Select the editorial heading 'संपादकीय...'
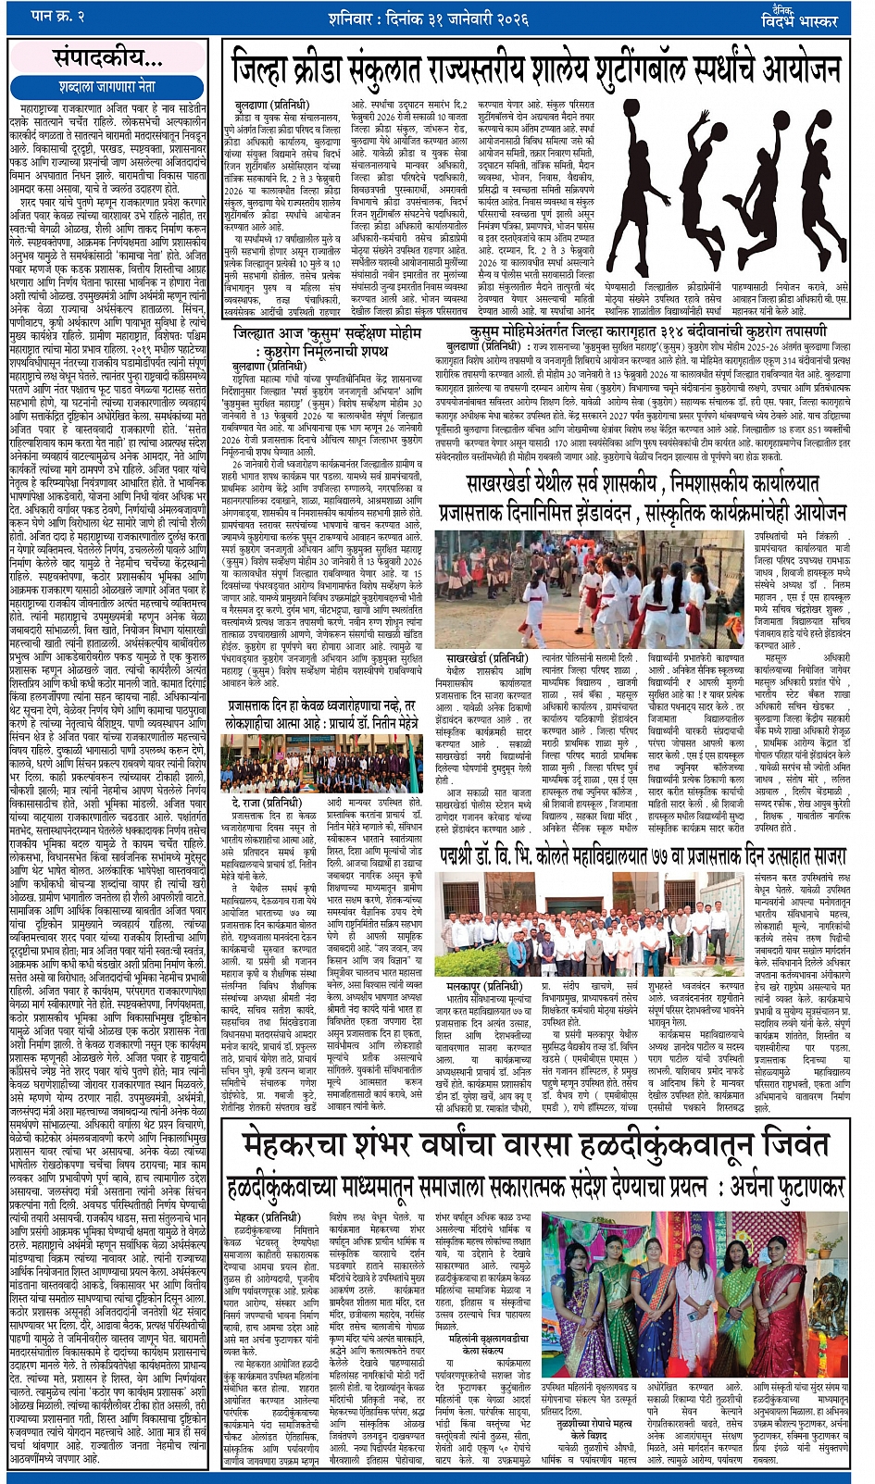point(106,58)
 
